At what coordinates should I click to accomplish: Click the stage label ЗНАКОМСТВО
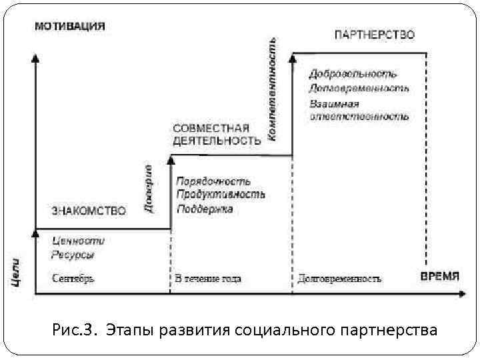click(89, 211)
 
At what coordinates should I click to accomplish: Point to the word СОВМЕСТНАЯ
click(211, 128)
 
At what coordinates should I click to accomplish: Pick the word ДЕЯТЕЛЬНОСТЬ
click(216, 141)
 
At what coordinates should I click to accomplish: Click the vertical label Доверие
click(149, 189)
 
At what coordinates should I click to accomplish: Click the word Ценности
click(77, 241)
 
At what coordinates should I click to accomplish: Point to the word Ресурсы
click(73, 254)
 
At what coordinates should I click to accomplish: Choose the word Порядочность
click(213, 181)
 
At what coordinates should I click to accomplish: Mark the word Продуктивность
click(220, 194)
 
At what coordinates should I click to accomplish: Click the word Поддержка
click(205, 209)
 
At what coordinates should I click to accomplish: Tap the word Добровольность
click(353, 73)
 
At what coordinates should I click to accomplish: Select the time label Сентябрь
click(73, 279)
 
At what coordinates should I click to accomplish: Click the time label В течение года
click(208, 279)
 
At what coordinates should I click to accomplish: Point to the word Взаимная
click(334, 103)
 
